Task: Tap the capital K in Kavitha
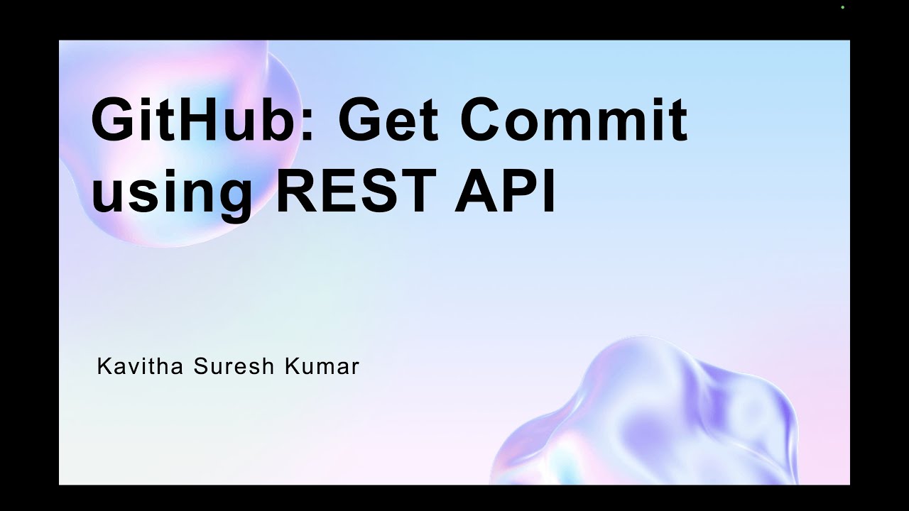point(104,367)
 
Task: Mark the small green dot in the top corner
point(842,7)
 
